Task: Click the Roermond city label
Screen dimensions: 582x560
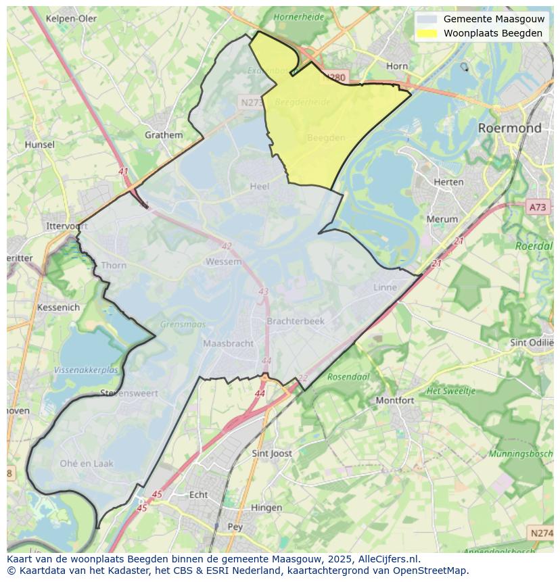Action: click(509, 128)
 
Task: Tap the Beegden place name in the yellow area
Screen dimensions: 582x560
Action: click(326, 138)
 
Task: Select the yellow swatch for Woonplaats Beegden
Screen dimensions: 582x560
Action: click(426, 33)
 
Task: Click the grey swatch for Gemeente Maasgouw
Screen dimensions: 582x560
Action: click(426, 19)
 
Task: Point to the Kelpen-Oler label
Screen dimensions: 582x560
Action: click(71, 18)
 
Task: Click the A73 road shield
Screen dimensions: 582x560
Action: click(538, 208)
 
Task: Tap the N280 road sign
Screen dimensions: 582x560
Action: click(334, 78)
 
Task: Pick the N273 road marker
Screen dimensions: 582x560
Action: click(252, 103)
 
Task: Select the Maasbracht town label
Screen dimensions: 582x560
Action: click(229, 343)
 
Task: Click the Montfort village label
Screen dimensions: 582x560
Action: click(394, 400)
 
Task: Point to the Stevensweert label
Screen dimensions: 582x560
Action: click(129, 393)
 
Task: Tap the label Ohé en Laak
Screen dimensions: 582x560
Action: click(87, 464)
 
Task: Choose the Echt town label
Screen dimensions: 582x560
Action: click(198, 495)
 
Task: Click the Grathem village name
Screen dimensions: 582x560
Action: click(164, 135)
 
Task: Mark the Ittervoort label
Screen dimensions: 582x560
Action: click(67, 226)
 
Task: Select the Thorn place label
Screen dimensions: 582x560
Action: click(114, 265)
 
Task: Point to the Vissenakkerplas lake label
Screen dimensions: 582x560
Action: click(86, 370)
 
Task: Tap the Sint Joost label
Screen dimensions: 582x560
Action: click(271, 454)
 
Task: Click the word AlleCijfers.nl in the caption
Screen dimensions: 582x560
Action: click(390, 559)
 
